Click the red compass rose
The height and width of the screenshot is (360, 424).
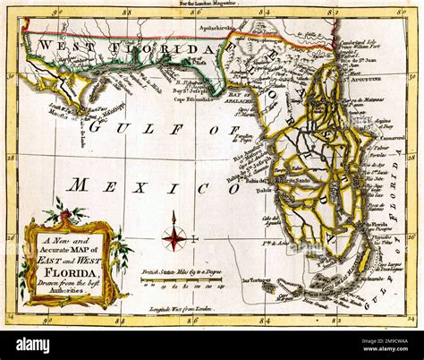click(175, 237)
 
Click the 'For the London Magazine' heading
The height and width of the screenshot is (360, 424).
click(211, 4)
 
